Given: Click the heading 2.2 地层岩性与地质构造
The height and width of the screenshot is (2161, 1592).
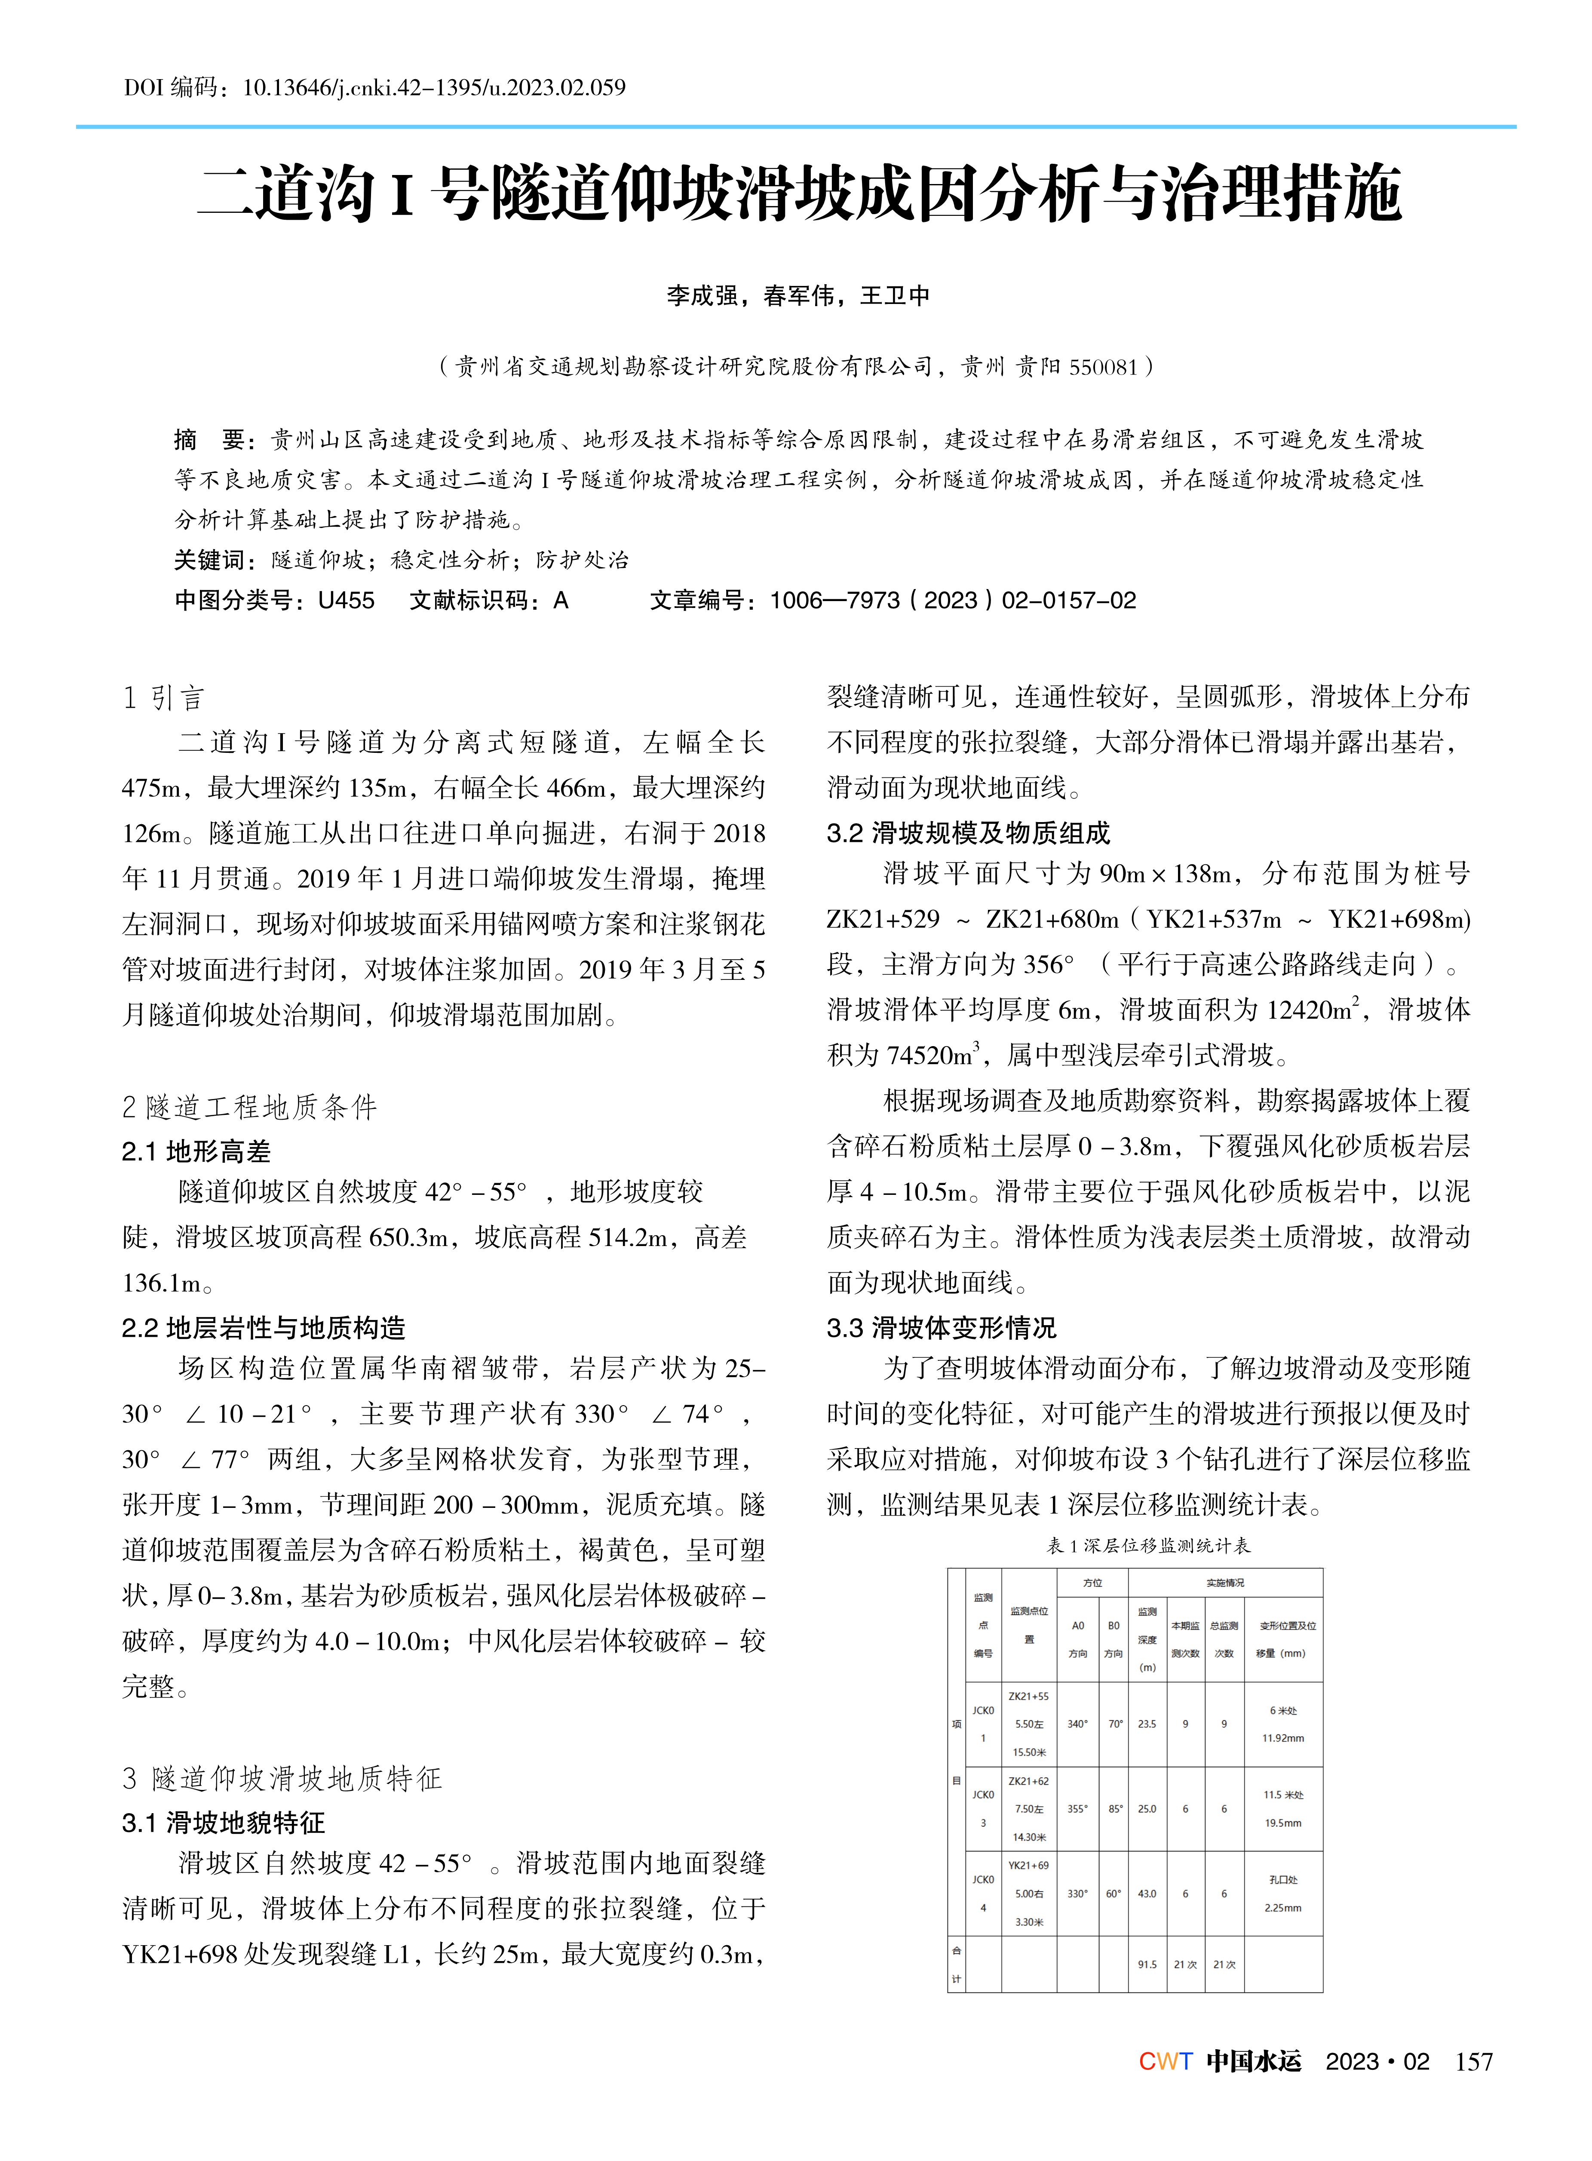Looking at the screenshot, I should (x=264, y=1328).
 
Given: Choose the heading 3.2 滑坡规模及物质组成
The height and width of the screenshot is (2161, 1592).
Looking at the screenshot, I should (x=969, y=833).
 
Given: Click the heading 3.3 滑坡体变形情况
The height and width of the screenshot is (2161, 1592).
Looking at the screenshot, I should (x=942, y=1328).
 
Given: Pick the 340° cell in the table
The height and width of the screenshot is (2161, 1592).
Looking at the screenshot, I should (x=1077, y=1723).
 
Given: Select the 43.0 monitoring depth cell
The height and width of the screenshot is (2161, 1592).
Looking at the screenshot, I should (x=1147, y=1893).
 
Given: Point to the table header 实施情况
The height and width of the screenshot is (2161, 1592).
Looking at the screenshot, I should (x=1225, y=1583).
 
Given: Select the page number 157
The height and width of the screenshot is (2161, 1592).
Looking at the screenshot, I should (x=1473, y=2063).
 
